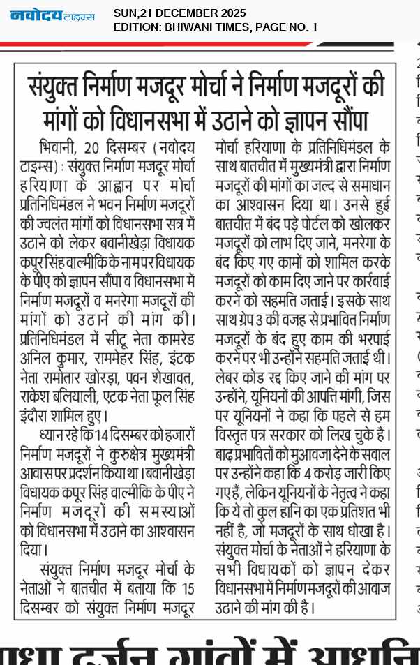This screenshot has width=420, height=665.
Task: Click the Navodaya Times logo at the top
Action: click(52, 15)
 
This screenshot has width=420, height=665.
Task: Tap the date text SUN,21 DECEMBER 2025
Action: click(179, 13)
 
